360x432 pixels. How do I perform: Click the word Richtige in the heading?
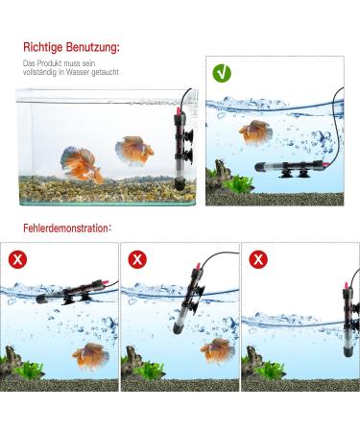pos(42,45)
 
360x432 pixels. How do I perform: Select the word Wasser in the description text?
pos(80,72)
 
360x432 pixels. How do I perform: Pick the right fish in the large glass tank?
pos(133,150)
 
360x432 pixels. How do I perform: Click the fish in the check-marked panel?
pos(255,131)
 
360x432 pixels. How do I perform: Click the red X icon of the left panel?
pos(17,259)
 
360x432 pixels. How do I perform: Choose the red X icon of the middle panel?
pos(137,259)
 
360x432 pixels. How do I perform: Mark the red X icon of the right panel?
pos(258,259)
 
